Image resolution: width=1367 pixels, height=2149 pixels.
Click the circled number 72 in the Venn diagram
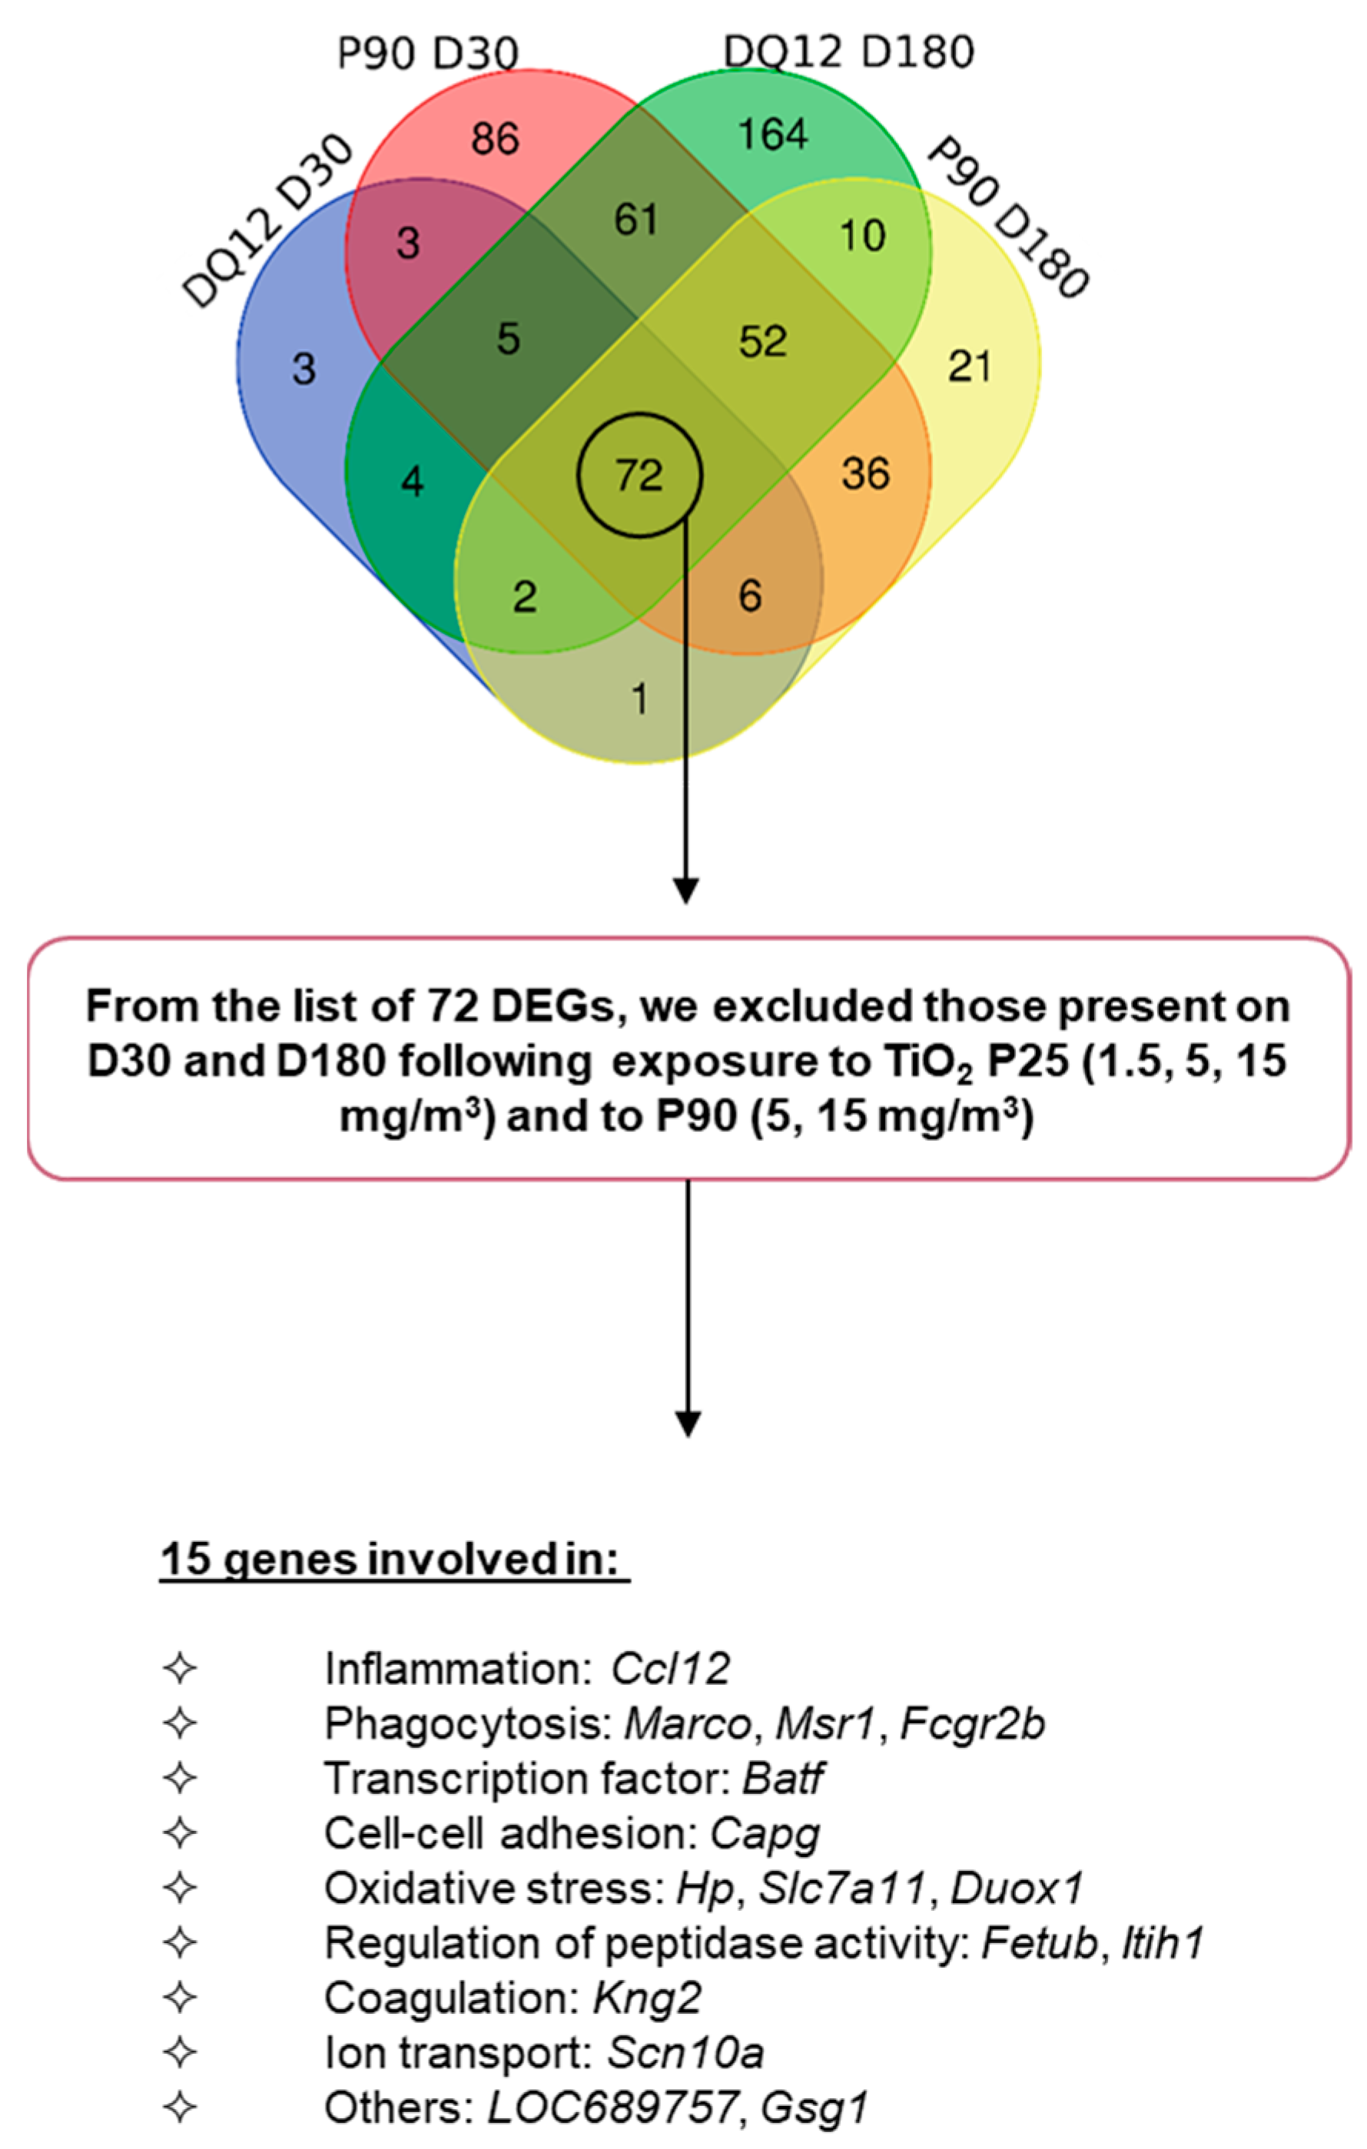pos(639,476)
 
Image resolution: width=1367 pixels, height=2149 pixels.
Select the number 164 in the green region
pos(773,134)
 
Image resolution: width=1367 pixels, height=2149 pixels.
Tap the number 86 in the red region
pos(494,138)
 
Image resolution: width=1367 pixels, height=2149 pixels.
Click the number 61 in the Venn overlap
pos(635,220)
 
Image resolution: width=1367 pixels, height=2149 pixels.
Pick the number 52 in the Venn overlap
pos(763,342)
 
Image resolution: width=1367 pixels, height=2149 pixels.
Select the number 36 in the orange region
pos(865,474)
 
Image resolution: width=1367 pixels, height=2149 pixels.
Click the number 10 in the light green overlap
pos(862,236)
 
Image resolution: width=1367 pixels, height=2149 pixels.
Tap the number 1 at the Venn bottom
pos(639,698)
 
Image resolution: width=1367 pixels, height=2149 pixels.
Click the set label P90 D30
pos(427,54)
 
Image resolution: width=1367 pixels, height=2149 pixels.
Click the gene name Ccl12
pos(670,1668)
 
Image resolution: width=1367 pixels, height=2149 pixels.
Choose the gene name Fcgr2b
pos(972,1723)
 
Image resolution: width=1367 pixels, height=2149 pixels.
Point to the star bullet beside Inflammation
pos(181,1668)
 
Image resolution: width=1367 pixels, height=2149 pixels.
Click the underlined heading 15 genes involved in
pos(394,1559)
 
